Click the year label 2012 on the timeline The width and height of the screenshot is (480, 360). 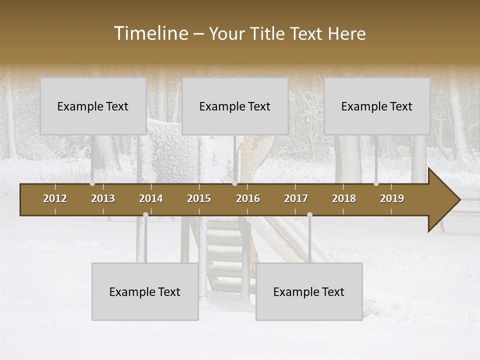click(x=55, y=198)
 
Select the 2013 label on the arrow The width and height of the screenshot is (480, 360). click(x=103, y=198)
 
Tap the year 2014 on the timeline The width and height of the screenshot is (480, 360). click(x=151, y=198)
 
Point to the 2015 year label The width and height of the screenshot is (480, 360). click(x=199, y=198)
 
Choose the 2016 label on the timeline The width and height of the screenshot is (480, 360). click(x=248, y=198)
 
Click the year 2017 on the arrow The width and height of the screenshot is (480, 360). click(x=296, y=198)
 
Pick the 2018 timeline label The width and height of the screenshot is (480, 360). click(x=344, y=198)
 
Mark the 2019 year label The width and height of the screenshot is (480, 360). click(x=392, y=198)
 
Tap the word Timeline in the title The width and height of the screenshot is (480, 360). click(x=150, y=33)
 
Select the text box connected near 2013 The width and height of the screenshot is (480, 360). click(x=93, y=106)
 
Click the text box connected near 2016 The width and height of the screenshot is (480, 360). click(x=235, y=106)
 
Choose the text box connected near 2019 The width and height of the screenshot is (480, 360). click(x=377, y=106)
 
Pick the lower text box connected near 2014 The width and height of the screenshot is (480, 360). click(x=145, y=291)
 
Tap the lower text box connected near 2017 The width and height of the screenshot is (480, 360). click(x=309, y=291)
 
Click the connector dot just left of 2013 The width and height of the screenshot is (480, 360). click(x=92, y=183)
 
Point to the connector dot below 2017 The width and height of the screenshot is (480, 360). click(x=309, y=214)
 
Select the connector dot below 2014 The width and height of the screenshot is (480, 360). click(x=145, y=214)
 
